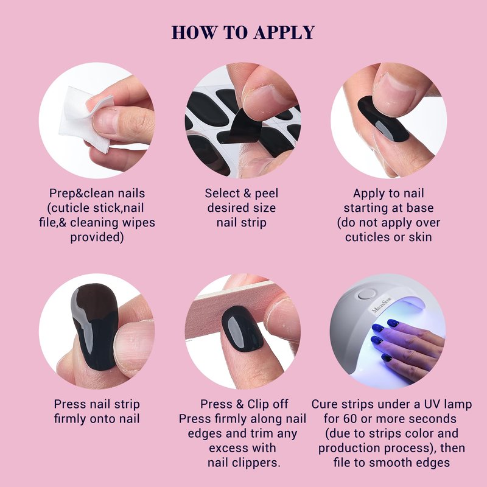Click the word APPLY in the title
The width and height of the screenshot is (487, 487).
(x=284, y=32)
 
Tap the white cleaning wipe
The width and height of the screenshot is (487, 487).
(x=82, y=119)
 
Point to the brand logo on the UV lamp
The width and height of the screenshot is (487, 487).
(x=383, y=306)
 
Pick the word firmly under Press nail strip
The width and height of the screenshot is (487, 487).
(x=69, y=419)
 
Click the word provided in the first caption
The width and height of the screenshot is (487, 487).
(x=97, y=237)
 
